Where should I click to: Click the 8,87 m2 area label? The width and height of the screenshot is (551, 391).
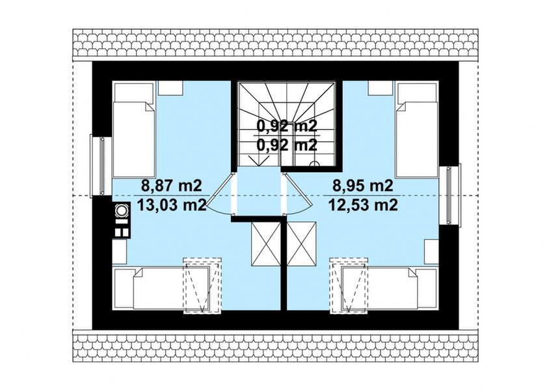click(x=163, y=186)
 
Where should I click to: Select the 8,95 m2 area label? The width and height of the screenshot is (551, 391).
click(x=362, y=186)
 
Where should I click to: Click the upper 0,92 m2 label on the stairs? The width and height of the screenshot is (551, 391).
click(x=287, y=126)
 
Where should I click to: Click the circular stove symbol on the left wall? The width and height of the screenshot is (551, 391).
click(x=121, y=210)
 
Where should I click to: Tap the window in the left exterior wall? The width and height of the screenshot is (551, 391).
click(x=100, y=166)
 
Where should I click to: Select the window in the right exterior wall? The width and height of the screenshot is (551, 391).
click(x=450, y=194)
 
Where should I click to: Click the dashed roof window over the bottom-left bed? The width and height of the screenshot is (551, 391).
click(x=201, y=286)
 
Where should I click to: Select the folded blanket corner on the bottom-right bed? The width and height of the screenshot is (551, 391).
click(x=409, y=276)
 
